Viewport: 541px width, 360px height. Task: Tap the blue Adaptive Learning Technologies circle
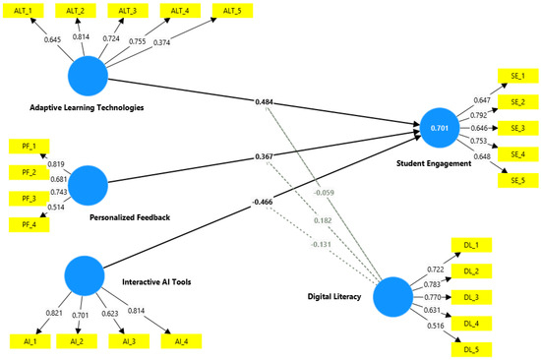[88, 75]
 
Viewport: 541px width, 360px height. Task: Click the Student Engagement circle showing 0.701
[442, 127]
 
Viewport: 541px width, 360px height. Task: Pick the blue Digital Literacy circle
[392, 297]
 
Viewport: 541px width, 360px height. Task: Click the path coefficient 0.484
[265, 102]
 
